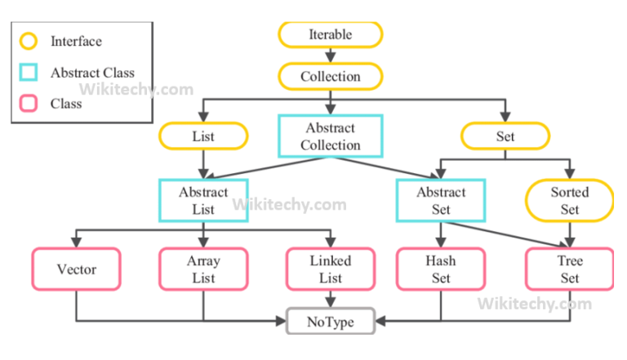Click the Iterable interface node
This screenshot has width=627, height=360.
[x=330, y=34]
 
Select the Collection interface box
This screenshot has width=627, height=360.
[x=330, y=77]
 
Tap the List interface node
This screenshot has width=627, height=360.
[x=203, y=136]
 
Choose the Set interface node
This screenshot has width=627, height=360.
[x=505, y=136]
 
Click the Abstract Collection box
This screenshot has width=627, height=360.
[x=330, y=136]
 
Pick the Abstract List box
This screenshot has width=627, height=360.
[x=203, y=201]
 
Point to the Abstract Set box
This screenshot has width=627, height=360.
[x=440, y=201]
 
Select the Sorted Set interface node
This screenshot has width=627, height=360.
[x=569, y=201]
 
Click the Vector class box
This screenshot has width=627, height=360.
[x=77, y=269]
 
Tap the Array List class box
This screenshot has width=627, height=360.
[x=203, y=269]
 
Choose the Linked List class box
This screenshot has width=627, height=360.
[x=330, y=269]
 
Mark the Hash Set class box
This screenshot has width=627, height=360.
[x=440, y=269]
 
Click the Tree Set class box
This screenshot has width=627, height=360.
[x=569, y=269]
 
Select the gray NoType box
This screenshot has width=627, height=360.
[x=330, y=322]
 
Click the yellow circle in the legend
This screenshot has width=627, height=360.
[x=29, y=41]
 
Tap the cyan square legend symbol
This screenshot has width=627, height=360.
[x=29, y=73]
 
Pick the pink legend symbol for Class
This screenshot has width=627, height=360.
[x=29, y=104]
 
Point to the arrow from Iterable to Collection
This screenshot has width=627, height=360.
[x=330, y=56]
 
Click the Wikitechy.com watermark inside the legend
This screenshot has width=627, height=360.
[x=136, y=89]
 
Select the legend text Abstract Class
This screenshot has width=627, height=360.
[x=92, y=73]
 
